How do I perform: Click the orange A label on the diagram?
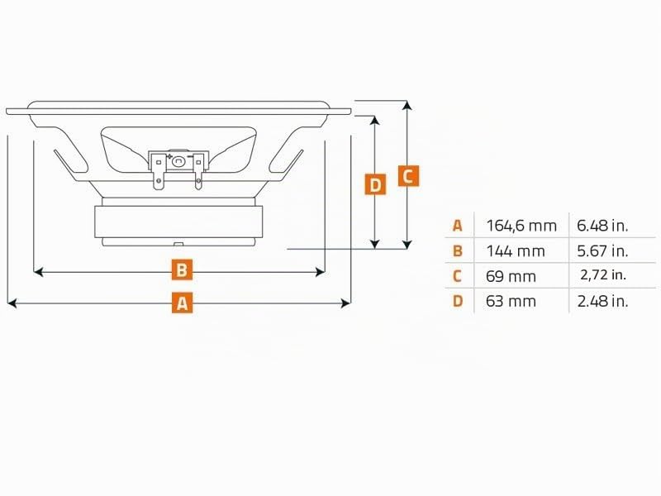pyautogui.click(x=182, y=303)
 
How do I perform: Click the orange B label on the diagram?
pyautogui.click(x=182, y=269)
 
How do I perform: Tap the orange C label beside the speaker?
pyautogui.click(x=408, y=176)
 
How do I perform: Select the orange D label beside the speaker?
pyautogui.click(x=375, y=184)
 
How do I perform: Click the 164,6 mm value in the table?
pyautogui.click(x=521, y=226)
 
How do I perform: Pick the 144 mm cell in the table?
pyautogui.click(x=516, y=251)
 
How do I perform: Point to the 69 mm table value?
pyautogui.click(x=511, y=276)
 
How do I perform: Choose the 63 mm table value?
pyautogui.click(x=511, y=301)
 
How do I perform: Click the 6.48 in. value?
pyautogui.click(x=602, y=226)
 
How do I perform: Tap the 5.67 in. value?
pyautogui.click(x=602, y=251)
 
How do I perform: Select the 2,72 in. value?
pyautogui.click(x=603, y=275)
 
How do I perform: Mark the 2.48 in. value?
pyautogui.click(x=602, y=301)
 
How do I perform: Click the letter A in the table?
pyautogui.click(x=458, y=226)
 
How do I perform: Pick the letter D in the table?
pyautogui.click(x=458, y=301)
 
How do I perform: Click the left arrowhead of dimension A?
pyautogui.click(x=12, y=303)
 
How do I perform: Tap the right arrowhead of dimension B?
pyautogui.click(x=321, y=272)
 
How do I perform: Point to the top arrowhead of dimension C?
pyautogui.click(x=407, y=106)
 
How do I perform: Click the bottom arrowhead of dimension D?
pyautogui.click(x=375, y=244)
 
